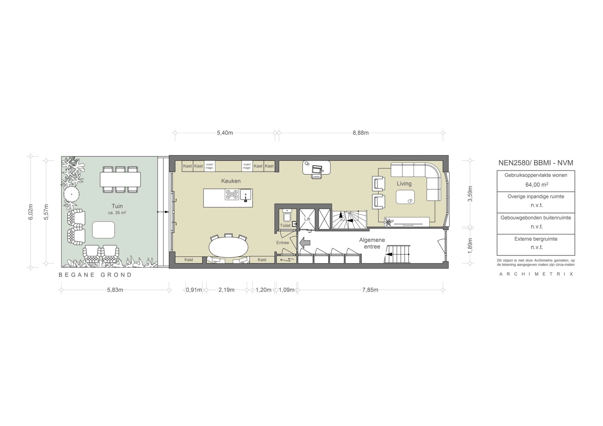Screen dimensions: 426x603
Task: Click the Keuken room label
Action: [231, 181]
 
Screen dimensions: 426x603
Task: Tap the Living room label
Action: [404, 184]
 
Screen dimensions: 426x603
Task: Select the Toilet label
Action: [285, 225]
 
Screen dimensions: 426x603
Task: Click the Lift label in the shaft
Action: [307, 219]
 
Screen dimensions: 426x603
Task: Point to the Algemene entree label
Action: [372, 243]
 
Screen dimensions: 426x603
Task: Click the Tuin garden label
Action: [117, 206]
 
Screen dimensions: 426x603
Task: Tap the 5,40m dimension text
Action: [225, 133]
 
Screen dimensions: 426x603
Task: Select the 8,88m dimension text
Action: [361, 133]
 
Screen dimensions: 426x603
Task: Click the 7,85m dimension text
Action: [370, 290]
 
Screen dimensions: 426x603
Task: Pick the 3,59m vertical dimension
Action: [470, 194]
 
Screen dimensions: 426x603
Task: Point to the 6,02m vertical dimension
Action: [31, 212]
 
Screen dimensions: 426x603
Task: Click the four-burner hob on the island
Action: [232, 195]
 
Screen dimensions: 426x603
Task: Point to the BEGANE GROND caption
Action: [95, 275]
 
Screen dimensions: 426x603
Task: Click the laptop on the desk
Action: [317, 170]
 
